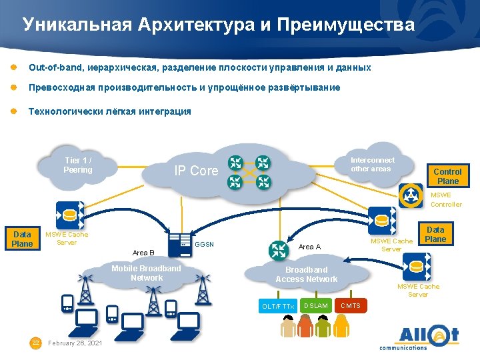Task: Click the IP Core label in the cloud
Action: click(196, 171)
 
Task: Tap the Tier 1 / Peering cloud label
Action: click(78, 165)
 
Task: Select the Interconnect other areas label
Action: click(373, 165)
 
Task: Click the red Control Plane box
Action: click(448, 176)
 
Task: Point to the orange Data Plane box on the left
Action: click(23, 239)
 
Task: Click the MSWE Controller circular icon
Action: click(411, 195)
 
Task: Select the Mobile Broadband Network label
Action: click(146, 273)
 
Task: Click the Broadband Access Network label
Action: click(307, 275)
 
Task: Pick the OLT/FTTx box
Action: click(278, 306)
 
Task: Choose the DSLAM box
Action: click(315, 306)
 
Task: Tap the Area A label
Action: click(309, 247)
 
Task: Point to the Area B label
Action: click(143, 253)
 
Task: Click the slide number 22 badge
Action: click(36, 343)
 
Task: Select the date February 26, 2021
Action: click(75, 343)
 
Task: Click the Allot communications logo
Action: click(419, 337)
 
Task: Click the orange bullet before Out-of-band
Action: click(13, 68)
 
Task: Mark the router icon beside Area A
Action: click(277, 251)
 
